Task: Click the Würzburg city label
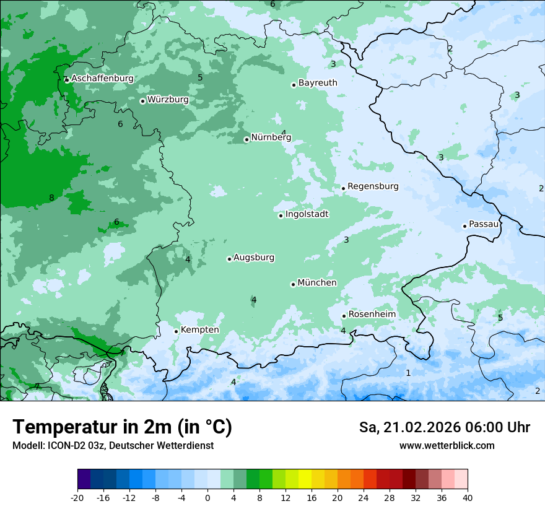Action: coord(168,100)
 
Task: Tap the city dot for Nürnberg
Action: coord(246,139)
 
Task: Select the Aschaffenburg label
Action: coord(102,79)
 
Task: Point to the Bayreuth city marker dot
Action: coord(294,85)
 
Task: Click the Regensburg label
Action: coord(373,186)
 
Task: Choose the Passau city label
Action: coord(483,224)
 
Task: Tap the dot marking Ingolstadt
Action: coord(281,216)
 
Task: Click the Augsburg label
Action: coord(254,258)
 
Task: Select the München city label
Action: coord(317,283)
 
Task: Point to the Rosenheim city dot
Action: coord(344,316)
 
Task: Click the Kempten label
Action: coord(199,330)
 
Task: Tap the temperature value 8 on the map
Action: coord(51,198)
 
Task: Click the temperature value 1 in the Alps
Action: coord(408,373)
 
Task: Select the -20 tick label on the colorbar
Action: coord(77,497)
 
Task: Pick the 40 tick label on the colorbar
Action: coord(468,497)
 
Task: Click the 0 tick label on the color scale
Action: coord(207,497)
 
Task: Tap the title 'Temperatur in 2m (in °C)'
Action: coord(122,427)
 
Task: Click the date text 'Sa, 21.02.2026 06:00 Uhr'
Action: coord(444,427)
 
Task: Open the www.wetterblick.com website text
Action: coord(447,446)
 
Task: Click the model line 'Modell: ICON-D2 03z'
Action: coord(113,446)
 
